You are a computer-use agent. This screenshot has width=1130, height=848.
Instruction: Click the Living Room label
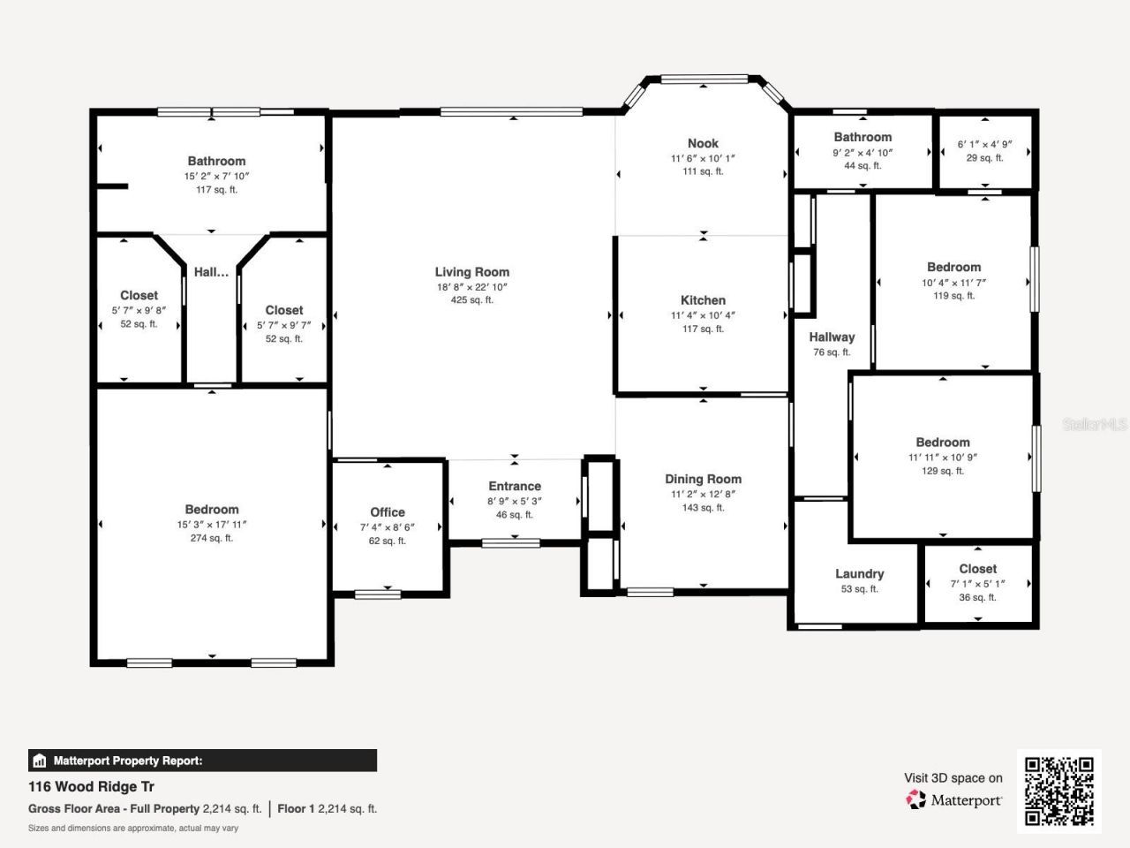click(x=471, y=272)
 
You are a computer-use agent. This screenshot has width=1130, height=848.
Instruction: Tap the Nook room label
click(x=703, y=143)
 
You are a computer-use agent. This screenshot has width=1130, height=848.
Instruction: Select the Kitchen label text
click(x=703, y=300)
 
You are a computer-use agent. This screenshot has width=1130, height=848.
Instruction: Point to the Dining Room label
click(x=703, y=479)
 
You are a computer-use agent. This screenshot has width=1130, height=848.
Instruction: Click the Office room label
click(x=388, y=512)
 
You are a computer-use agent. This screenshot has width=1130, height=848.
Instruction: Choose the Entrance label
click(x=515, y=486)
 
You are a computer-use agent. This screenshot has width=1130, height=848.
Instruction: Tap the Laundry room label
click(x=859, y=573)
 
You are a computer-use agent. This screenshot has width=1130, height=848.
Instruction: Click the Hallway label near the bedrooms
click(x=832, y=337)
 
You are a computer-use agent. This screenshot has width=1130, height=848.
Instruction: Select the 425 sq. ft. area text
click(x=471, y=300)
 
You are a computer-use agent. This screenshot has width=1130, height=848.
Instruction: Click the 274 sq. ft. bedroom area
click(x=212, y=538)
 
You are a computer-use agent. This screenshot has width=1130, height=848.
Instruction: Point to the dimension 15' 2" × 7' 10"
click(x=216, y=176)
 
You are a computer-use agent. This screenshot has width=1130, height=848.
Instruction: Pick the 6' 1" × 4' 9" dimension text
click(x=984, y=144)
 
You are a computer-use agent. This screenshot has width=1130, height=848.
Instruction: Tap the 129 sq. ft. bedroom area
click(x=943, y=471)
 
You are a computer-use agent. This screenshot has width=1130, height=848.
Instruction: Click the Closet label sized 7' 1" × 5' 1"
click(x=977, y=569)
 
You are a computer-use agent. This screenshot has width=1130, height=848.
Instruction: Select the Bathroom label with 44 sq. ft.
click(x=863, y=137)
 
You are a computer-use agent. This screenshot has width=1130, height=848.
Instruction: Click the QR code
click(x=1058, y=791)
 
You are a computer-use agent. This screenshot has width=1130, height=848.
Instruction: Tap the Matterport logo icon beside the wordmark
click(x=916, y=799)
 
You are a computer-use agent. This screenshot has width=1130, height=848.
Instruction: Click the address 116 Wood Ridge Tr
click(x=92, y=786)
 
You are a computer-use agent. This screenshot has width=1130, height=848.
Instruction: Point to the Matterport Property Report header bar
click(x=202, y=761)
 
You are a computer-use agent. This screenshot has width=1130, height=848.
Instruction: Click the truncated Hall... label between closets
click(x=211, y=272)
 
